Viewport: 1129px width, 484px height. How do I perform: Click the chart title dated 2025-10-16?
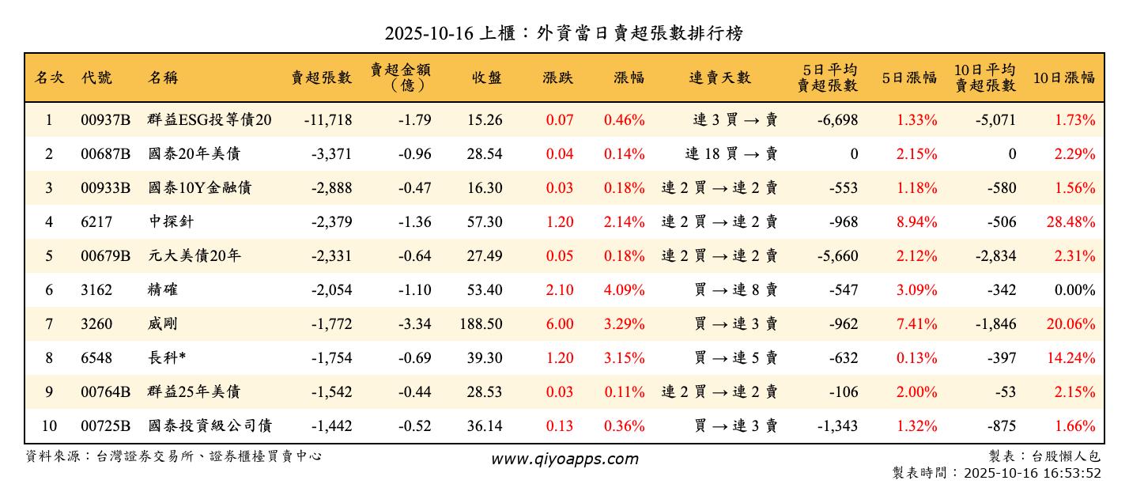(x=564, y=33)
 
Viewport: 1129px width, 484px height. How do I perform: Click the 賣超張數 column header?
(x=321, y=78)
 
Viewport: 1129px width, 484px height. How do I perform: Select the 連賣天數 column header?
(x=719, y=78)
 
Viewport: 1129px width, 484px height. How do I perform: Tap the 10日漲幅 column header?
(x=1063, y=78)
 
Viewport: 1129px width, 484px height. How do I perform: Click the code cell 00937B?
(x=105, y=120)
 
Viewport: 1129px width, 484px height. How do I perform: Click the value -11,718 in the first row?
(x=327, y=120)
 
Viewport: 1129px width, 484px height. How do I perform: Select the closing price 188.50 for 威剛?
(x=480, y=324)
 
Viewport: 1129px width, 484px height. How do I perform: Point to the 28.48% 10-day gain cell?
(x=1070, y=222)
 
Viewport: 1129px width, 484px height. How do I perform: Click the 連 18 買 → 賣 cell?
(x=731, y=154)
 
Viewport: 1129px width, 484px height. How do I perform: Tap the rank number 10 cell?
(x=49, y=426)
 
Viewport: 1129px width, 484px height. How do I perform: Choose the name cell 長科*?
(x=167, y=358)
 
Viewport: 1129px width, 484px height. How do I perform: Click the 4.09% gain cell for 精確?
(x=624, y=290)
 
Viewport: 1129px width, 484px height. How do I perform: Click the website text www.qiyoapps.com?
(x=564, y=459)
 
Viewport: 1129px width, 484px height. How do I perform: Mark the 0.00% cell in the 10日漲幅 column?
(x=1074, y=290)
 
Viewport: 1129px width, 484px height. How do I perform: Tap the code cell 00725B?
(x=105, y=426)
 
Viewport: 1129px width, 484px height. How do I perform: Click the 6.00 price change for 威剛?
(x=560, y=324)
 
